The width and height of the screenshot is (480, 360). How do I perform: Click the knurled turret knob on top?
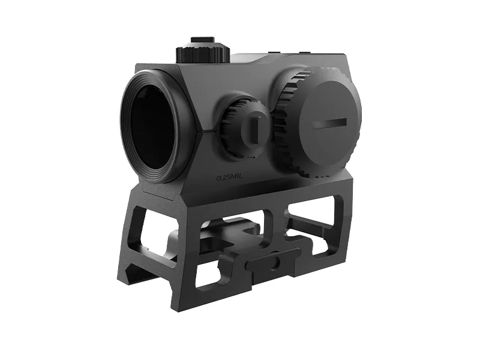coord(203,55)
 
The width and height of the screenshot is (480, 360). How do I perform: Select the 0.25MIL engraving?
coord(230,178)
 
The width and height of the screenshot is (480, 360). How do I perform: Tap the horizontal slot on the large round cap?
coord(329,123)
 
